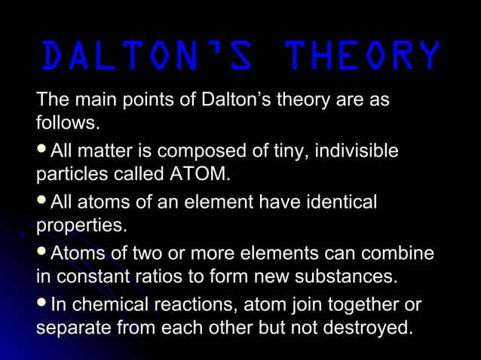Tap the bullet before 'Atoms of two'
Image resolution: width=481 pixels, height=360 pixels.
pos(42,252)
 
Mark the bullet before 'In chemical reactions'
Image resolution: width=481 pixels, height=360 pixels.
pos(42,303)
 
